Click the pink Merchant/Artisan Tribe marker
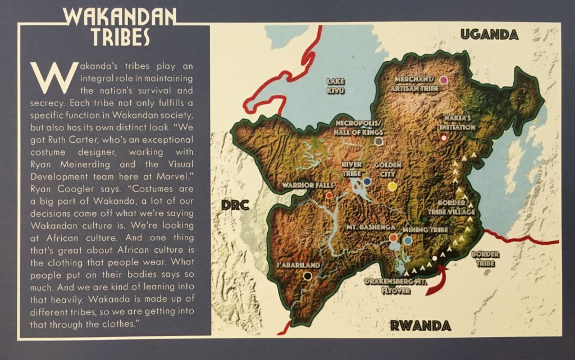(x=443, y=80)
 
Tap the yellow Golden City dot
(x=393, y=185)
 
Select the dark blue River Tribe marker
(x=367, y=181)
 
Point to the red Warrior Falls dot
(x=329, y=195)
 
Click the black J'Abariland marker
(x=307, y=276)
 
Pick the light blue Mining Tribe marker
(x=408, y=240)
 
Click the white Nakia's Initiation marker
(x=444, y=138)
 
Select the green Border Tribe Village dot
(x=425, y=219)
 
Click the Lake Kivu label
(x=336, y=86)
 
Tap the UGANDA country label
(x=489, y=35)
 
